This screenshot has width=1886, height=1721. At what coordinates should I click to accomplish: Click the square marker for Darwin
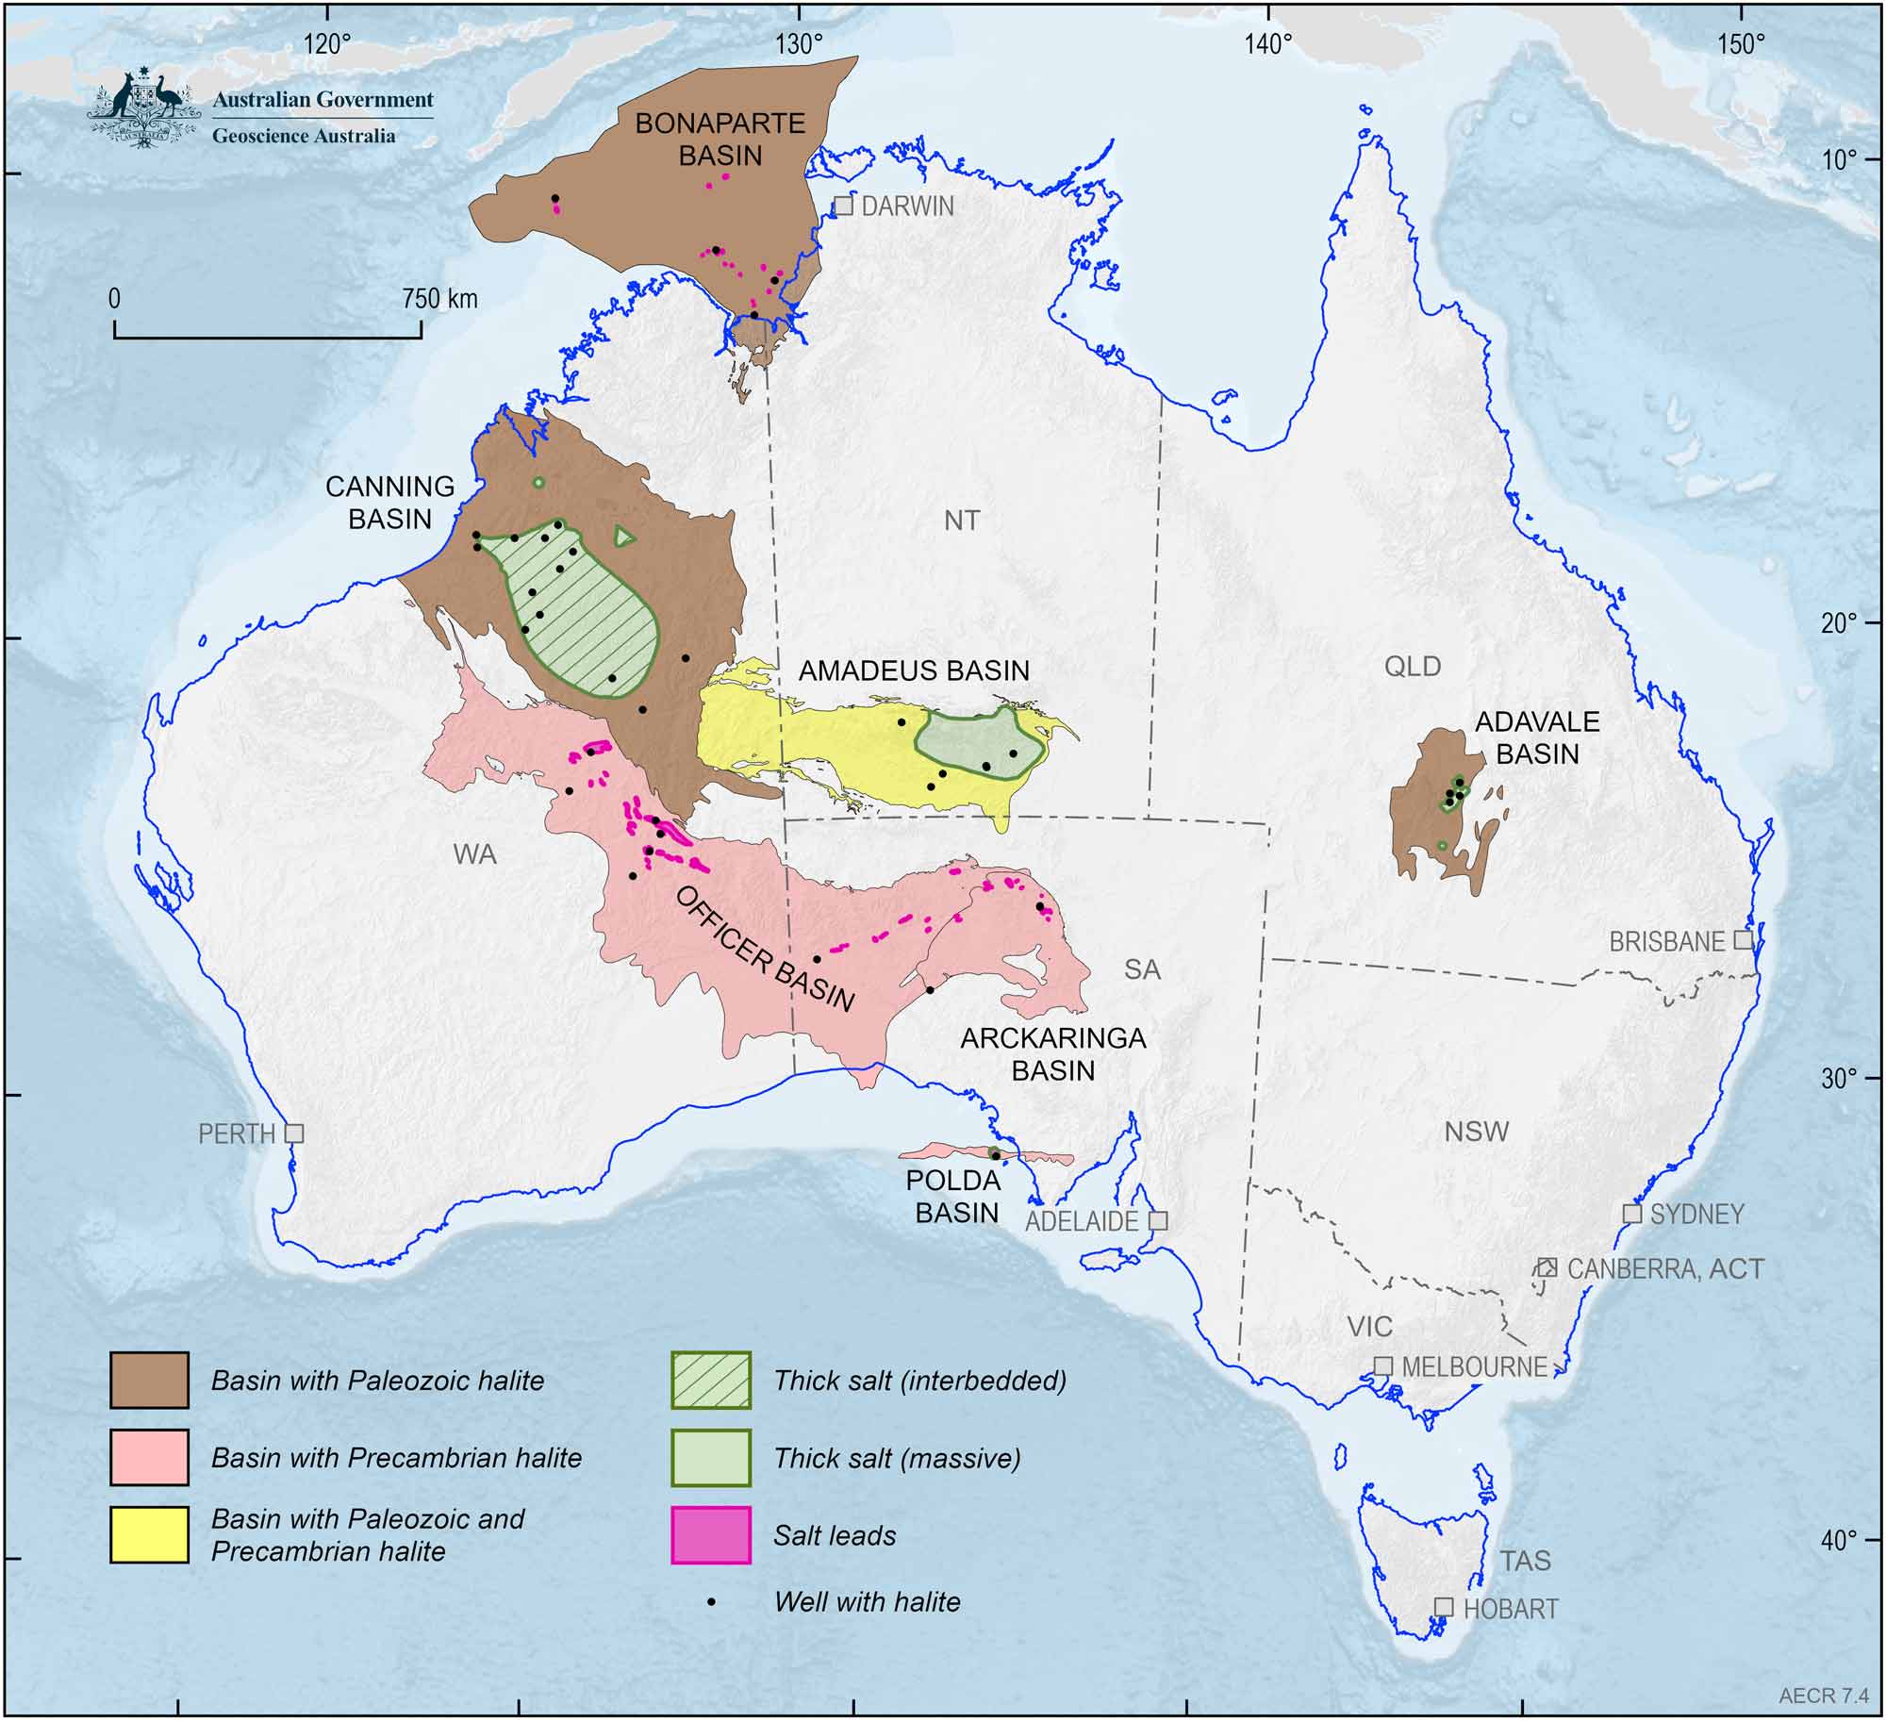(x=844, y=206)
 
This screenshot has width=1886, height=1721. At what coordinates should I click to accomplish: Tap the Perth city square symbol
(x=294, y=1133)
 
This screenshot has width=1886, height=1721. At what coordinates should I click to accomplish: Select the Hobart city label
(x=1510, y=1609)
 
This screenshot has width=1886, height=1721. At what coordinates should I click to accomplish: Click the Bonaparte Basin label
(x=720, y=139)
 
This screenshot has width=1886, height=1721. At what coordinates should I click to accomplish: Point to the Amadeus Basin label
(x=914, y=670)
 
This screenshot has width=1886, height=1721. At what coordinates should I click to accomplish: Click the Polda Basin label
(x=957, y=1197)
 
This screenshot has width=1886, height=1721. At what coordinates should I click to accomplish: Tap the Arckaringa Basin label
(x=1053, y=1054)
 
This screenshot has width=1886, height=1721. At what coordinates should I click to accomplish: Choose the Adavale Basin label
(x=1537, y=737)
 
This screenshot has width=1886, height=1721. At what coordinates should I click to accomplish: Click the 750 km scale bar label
(x=439, y=299)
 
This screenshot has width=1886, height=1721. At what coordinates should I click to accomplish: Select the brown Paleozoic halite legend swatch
(x=149, y=1381)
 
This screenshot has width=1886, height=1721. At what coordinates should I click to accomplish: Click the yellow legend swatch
(x=149, y=1535)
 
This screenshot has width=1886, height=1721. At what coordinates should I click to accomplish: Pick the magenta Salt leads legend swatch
(x=711, y=1535)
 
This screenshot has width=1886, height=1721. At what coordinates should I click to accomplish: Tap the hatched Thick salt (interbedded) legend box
(x=711, y=1381)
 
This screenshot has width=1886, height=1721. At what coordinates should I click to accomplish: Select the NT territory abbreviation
(x=961, y=520)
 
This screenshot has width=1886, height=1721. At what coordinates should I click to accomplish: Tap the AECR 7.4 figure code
(x=1824, y=1696)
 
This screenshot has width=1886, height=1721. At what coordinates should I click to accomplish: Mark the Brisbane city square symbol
(x=1744, y=940)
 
